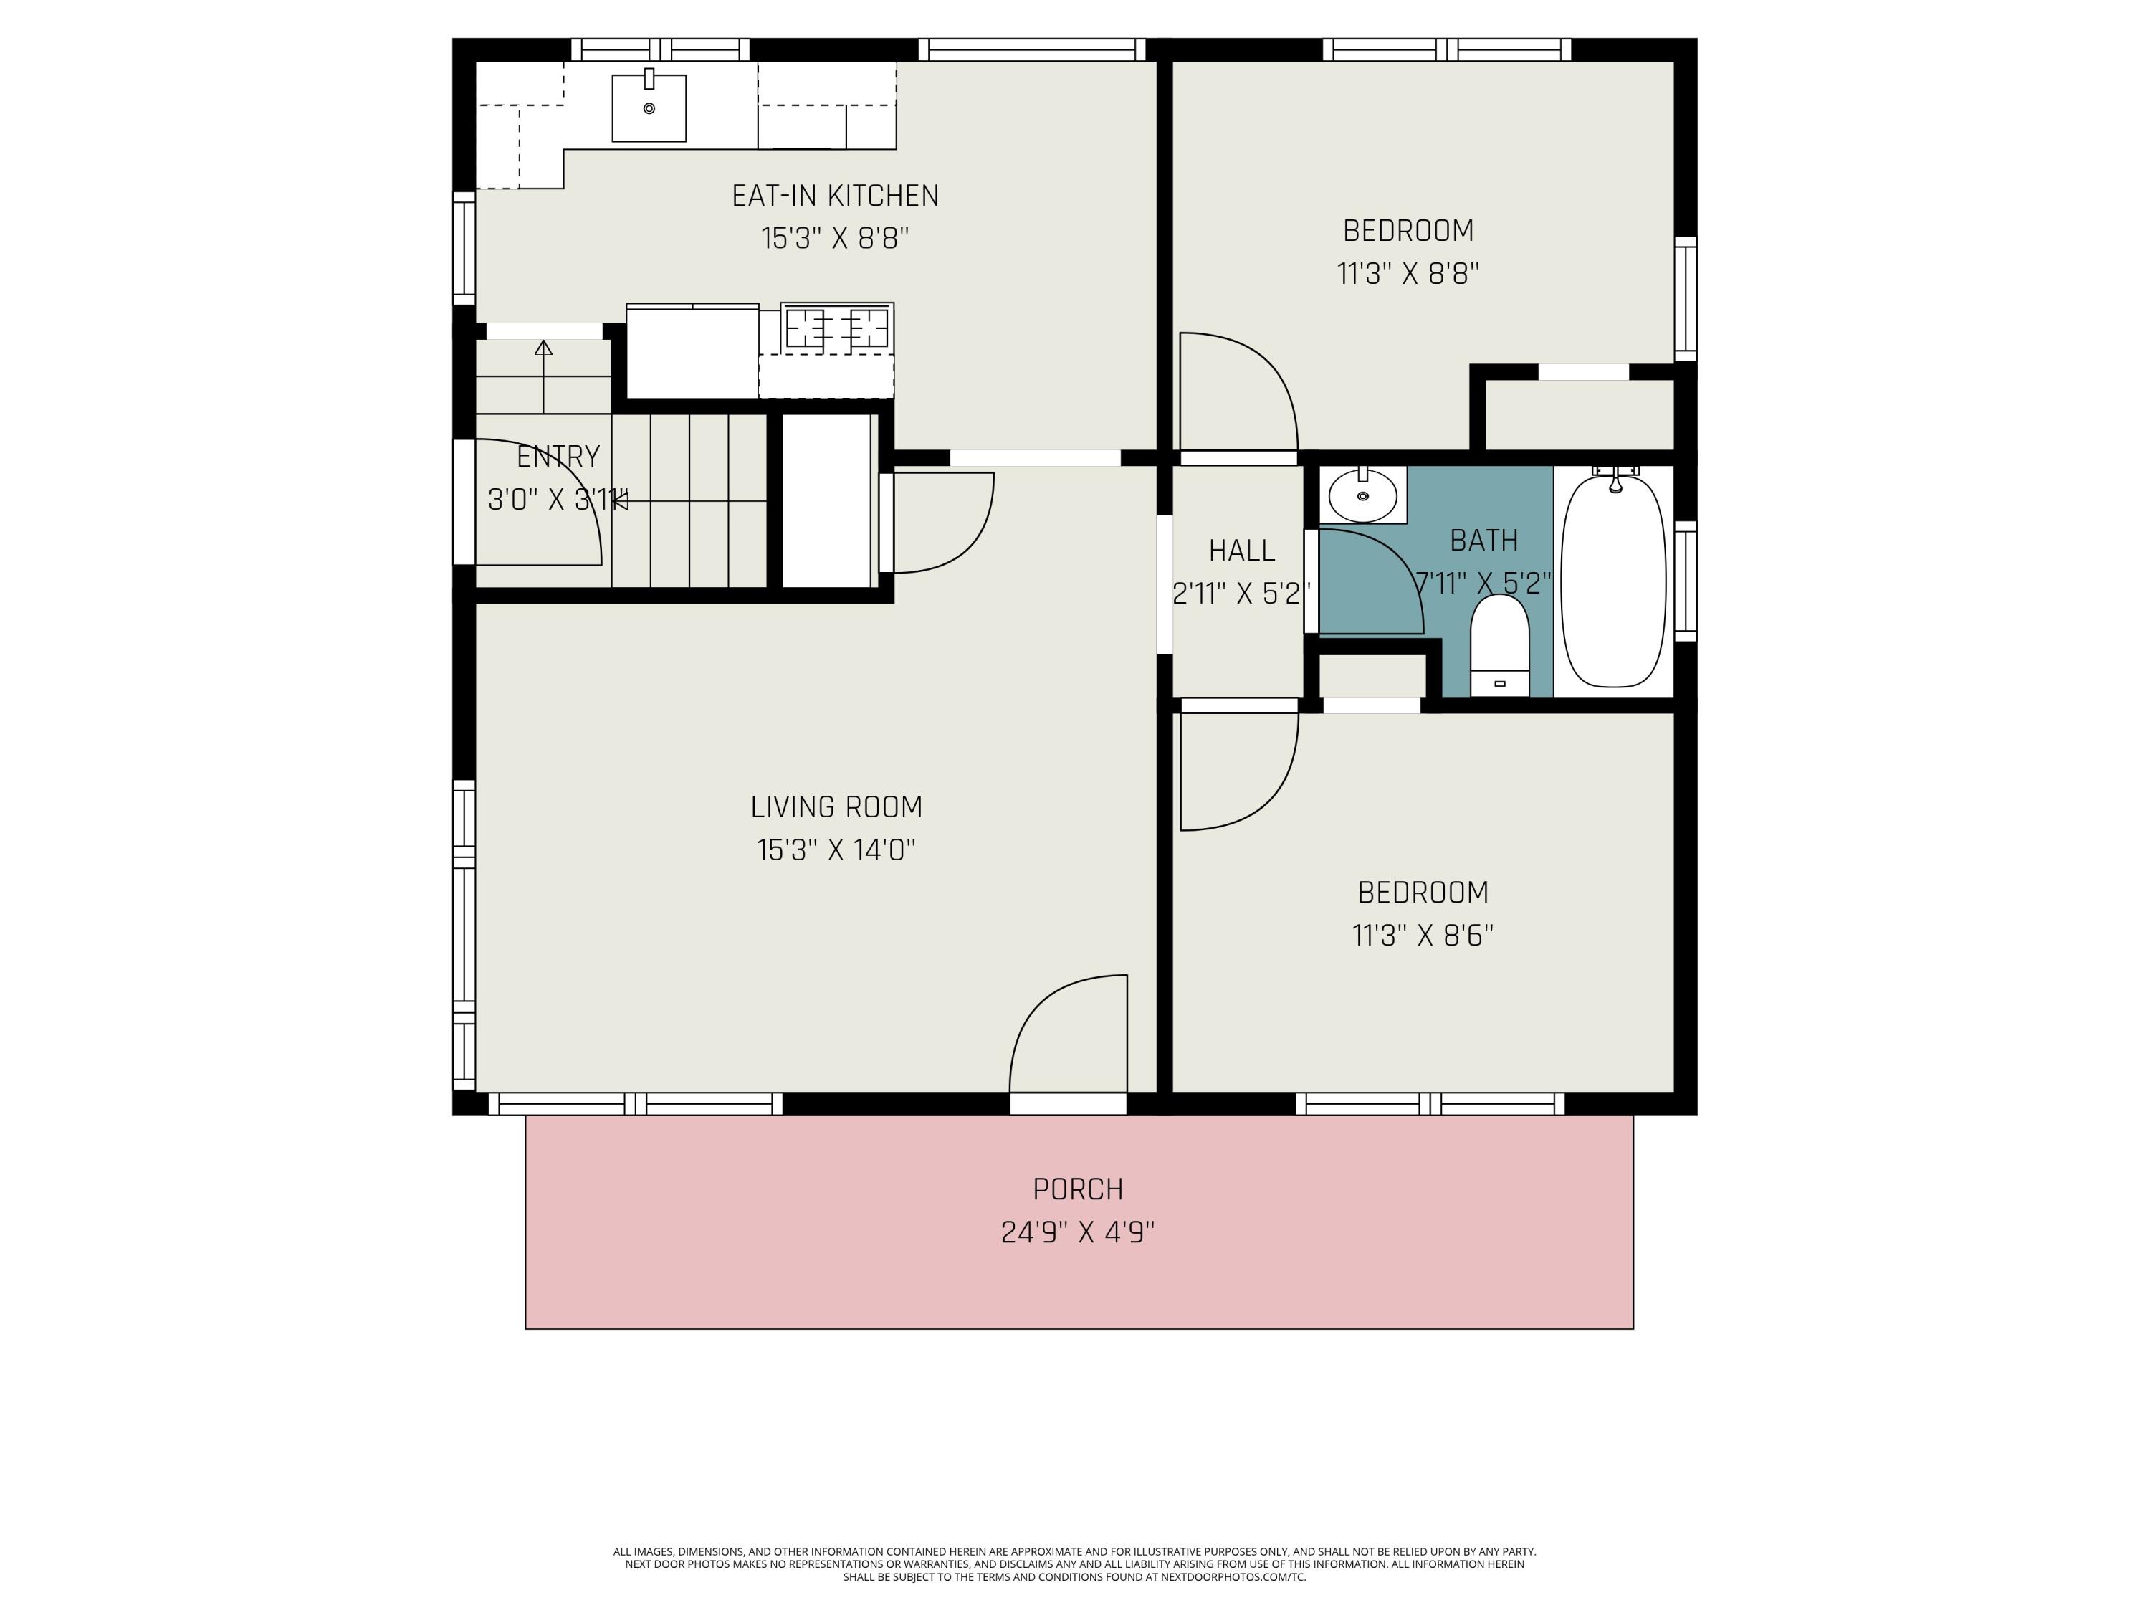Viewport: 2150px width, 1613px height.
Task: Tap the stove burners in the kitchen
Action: (837, 328)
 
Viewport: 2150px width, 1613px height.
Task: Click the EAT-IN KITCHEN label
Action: (835, 196)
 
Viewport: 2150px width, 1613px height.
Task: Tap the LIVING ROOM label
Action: (836, 807)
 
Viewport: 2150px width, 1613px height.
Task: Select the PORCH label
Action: (1078, 1189)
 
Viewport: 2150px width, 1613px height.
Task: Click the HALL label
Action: (1241, 551)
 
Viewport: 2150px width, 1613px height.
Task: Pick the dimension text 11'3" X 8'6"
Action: (1422, 936)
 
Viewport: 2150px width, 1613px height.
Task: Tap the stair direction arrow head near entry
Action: (543, 347)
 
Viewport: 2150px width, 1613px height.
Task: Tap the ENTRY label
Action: (558, 456)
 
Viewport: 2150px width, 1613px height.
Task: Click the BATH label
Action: (1483, 541)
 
